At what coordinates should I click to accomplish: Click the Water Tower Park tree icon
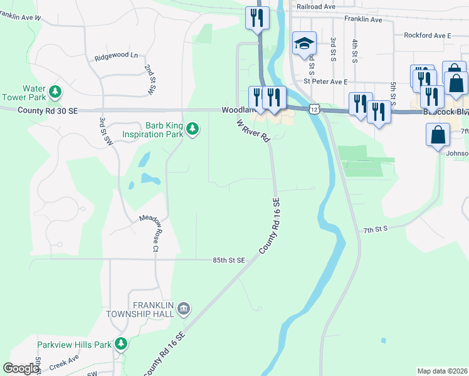[x=56, y=93]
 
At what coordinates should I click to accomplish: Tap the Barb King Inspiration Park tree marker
[x=192, y=130]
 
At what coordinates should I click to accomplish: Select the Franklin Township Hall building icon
[x=183, y=308]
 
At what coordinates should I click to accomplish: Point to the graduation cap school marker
[x=303, y=43]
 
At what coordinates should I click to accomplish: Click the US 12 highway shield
[x=314, y=109]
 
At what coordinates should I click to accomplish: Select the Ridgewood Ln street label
[x=116, y=56]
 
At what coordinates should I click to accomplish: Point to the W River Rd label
[x=253, y=130]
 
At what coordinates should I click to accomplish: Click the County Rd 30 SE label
[x=48, y=110]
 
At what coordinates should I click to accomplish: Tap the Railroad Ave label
[x=318, y=7]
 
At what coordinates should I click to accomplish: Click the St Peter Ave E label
[x=325, y=81]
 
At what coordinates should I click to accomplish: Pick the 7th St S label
[x=377, y=229]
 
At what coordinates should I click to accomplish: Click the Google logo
[x=21, y=368]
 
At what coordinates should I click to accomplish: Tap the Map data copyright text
[x=443, y=371]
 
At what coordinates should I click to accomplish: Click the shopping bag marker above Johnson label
[x=438, y=135]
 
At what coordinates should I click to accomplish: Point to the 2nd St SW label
[x=149, y=80]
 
